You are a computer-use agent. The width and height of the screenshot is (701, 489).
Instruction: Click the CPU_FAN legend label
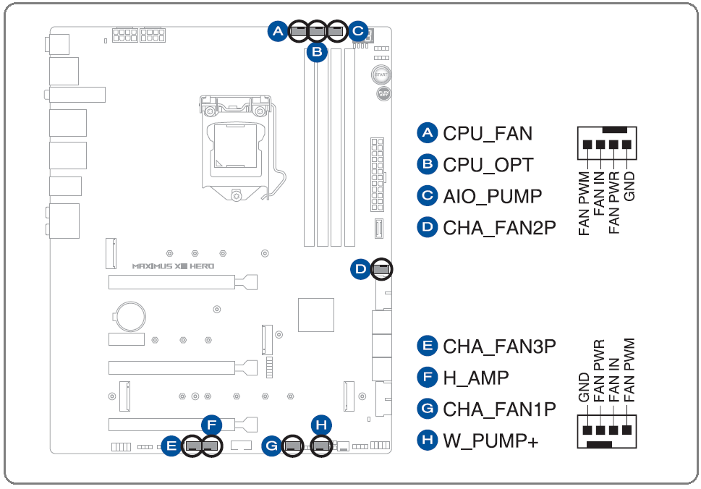[x=487, y=134]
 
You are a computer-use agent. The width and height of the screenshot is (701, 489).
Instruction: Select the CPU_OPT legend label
[x=488, y=165]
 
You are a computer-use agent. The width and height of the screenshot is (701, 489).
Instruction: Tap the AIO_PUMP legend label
[x=492, y=196]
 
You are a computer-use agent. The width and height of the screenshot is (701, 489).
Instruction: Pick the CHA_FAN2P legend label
[x=499, y=228]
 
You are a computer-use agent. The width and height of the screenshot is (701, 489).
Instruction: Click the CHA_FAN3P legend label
[x=499, y=346]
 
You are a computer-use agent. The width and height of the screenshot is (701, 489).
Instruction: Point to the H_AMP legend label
[x=475, y=377]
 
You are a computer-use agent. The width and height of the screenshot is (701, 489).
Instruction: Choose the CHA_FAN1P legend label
[x=499, y=409]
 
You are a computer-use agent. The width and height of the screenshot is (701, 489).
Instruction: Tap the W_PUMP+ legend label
[x=490, y=440]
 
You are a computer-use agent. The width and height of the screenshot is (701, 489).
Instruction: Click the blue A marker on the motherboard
[x=277, y=30]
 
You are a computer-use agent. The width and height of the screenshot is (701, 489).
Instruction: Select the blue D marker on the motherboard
[x=360, y=270]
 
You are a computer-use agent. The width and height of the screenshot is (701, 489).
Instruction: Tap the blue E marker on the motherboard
[x=171, y=446]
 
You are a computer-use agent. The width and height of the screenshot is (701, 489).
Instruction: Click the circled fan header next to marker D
[x=381, y=270]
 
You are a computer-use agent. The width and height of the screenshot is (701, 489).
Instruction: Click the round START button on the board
[x=381, y=75]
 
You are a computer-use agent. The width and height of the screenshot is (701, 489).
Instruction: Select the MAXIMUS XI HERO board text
[x=173, y=265]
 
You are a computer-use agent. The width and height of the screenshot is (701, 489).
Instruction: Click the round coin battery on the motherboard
[x=131, y=315]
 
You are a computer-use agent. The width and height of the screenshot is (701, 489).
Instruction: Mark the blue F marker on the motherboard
[x=211, y=424]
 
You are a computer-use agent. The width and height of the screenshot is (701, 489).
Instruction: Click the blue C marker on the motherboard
[x=357, y=30]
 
